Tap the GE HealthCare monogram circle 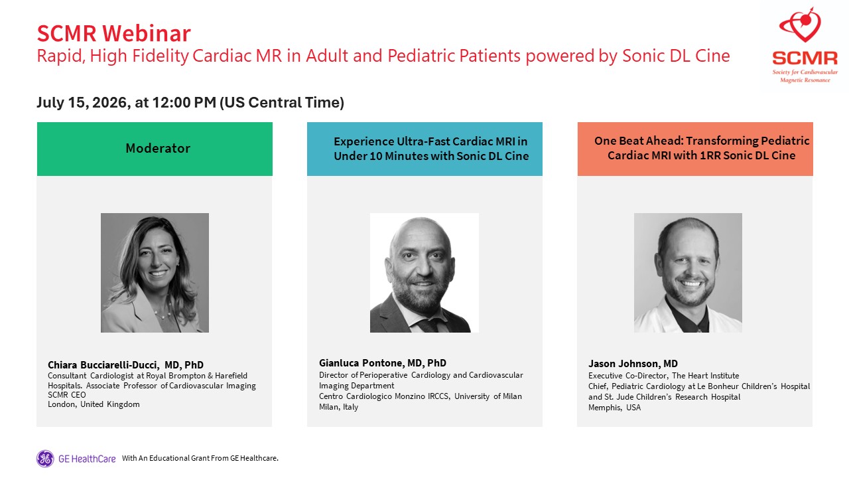45,458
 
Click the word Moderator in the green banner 158,148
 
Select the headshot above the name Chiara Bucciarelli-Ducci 155,273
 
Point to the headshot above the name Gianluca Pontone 424,273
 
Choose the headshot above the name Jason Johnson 688,273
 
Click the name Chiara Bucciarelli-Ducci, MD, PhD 125,365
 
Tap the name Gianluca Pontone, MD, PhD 383,363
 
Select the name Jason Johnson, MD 633,364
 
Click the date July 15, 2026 82,103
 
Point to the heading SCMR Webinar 113,33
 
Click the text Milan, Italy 338,407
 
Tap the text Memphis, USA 614,408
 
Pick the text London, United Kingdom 94,404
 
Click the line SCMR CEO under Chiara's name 67,395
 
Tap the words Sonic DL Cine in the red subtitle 676,56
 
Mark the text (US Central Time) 282,103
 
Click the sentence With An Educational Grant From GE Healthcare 200,458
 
